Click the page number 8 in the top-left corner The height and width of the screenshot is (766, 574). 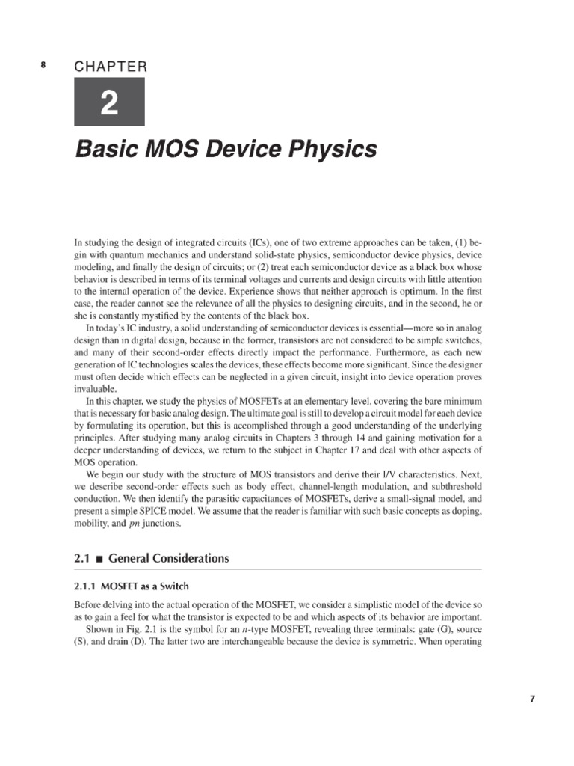pyautogui.click(x=43, y=65)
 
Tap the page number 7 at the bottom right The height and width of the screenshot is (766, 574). pyautogui.click(x=531, y=699)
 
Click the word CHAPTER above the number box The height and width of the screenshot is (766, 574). pyautogui.click(x=110, y=67)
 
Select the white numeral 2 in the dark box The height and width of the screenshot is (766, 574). pyautogui.click(x=109, y=104)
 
